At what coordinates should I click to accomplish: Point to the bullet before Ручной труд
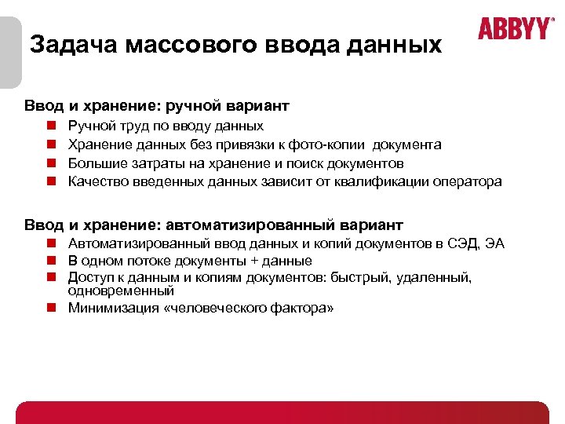(49, 126)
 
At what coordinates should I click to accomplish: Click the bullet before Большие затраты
(49, 163)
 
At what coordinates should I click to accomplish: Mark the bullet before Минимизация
(49, 308)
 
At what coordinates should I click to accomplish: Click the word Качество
(97, 182)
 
